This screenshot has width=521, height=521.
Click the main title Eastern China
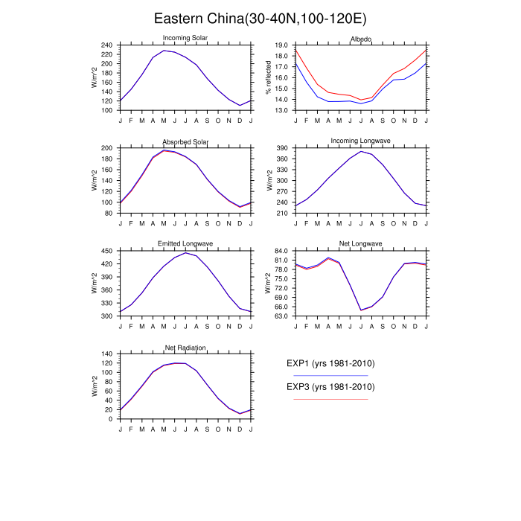(260, 18)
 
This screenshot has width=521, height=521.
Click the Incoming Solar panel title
(185, 38)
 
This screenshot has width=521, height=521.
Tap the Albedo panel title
(361, 38)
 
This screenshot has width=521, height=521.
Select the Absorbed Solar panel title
(185, 141)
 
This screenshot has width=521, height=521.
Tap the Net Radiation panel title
(185, 347)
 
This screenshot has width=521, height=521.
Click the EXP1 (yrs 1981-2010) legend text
(330, 364)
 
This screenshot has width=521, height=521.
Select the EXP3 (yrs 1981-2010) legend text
(330, 387)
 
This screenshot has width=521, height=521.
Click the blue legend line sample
(330, 376)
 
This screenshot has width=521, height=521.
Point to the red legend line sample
(330, 400)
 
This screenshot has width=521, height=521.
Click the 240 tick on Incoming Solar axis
(106, 45)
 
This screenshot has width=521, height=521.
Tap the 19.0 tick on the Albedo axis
(281, 45)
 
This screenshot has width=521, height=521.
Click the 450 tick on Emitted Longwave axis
(106, 251)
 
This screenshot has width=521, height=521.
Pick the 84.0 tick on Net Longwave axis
(281, 251)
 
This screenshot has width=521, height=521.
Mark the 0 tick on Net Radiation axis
(111, 419)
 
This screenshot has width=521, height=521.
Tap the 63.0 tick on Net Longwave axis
(281, 316)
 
